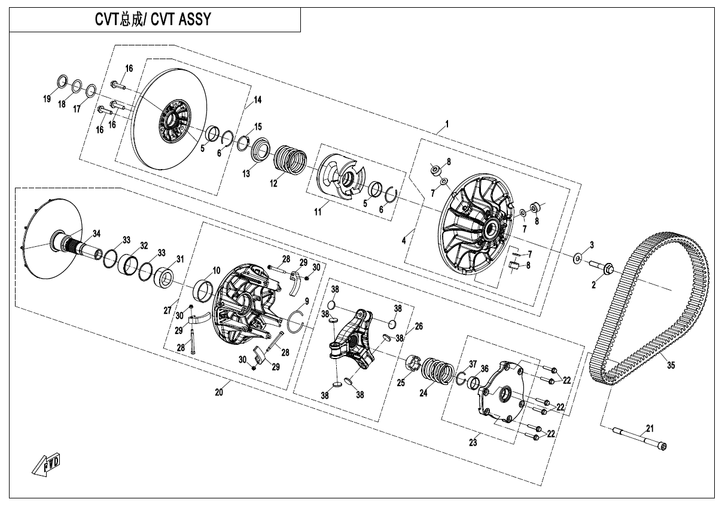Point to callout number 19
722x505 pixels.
point(47,100)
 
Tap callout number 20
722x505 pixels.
point(219,392)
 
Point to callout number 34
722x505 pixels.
point(96,232)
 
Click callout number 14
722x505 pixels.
point(258,100)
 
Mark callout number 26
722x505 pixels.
point(419,326)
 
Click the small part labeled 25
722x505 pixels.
point(412,363)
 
